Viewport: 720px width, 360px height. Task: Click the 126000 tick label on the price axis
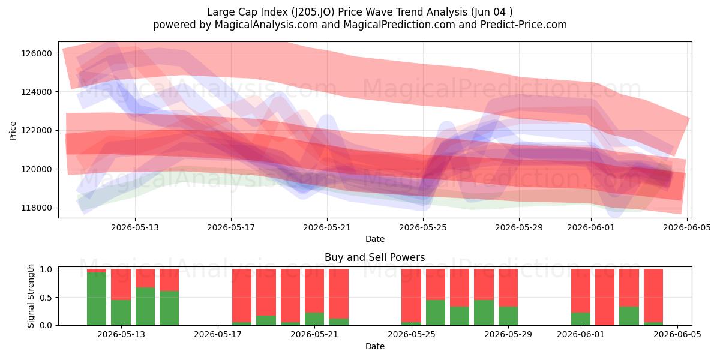[37, 53]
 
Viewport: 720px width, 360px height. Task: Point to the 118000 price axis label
[37, 208]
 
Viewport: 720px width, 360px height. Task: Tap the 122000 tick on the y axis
[37, 131]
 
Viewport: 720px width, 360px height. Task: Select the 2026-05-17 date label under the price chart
[231, 227]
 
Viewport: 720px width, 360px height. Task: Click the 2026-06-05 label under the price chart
[687, 227]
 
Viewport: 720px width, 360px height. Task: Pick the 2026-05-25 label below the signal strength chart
[412, 334]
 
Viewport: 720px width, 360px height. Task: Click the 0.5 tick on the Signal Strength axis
[46, 298]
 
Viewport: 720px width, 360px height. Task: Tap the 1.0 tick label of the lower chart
[46, 269]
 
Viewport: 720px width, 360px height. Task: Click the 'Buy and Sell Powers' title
[375, 257]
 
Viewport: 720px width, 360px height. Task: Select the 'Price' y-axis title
[13, 131]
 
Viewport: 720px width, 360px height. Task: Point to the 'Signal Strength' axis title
[31, 296]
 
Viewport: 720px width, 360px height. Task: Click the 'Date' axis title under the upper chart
[375, 239]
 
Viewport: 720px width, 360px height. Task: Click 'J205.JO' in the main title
[313, 12]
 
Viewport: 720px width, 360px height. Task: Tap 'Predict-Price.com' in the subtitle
[524, 25]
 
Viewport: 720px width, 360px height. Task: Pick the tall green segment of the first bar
[97, 299]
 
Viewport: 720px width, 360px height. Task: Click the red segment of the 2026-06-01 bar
[581, 291]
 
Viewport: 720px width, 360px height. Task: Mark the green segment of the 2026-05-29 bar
[508, 316]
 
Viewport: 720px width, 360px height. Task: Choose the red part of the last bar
[653, 296]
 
